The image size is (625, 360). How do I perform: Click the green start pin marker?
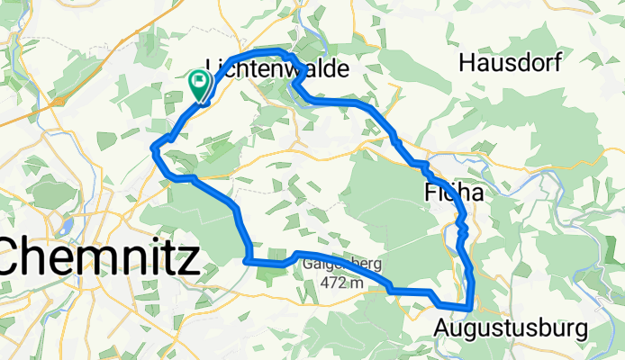tap(198, 84)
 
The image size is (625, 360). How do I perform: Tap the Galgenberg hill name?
tap(343, 265)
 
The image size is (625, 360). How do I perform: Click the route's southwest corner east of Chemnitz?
tap(247, 262)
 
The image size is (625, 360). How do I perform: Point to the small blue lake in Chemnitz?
tap(65, 225)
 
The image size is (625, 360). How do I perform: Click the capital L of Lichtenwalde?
tap(213, 68)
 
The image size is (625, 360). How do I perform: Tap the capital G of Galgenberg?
tap(309, 265)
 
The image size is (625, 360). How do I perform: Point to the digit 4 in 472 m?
tap(324, 283)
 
